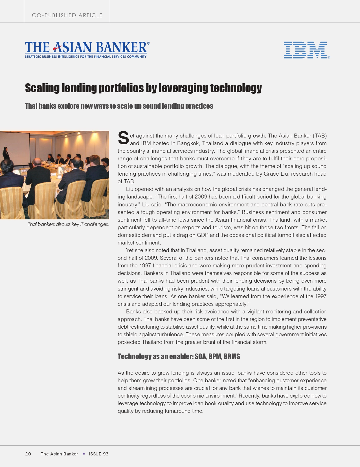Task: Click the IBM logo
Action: pos(305,50)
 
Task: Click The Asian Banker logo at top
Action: pos(86,47)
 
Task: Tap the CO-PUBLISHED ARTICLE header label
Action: pos(67,15)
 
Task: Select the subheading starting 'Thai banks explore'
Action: pos(119,106)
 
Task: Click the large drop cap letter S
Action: pos(123,138)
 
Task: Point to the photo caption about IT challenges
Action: pos(68,224)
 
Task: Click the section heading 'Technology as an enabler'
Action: pos(155,357)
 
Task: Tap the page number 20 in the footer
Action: pos(28,454)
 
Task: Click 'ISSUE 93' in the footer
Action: pos(98,454)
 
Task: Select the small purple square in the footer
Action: pos(84,453)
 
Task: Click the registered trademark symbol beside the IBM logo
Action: pos(329,57)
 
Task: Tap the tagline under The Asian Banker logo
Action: pos(86,57)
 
